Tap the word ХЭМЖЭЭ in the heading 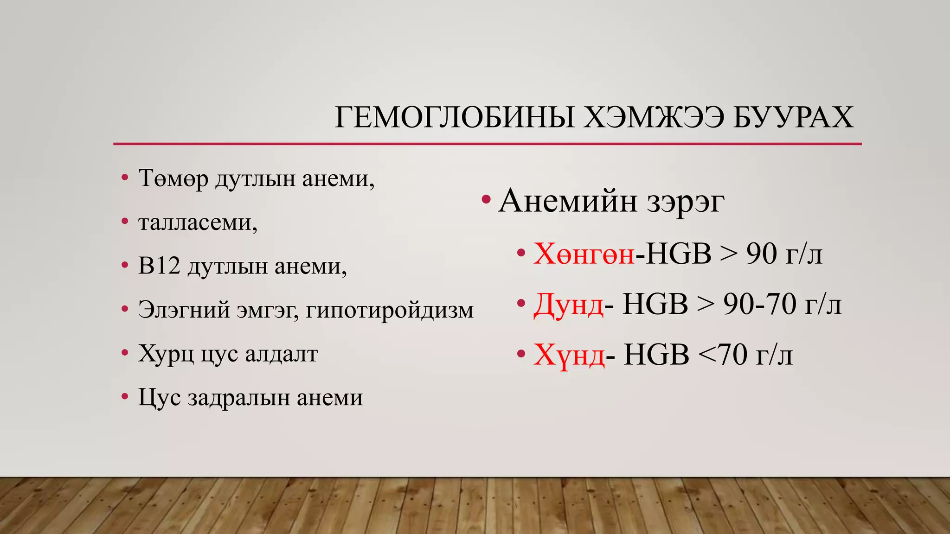653,118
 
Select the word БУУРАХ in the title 793,118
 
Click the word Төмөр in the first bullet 173,178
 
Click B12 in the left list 159,266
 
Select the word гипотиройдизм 390,310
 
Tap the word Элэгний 184,310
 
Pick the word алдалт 281,354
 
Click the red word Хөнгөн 584,254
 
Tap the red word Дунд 569,305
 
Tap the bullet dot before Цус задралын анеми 124,397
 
